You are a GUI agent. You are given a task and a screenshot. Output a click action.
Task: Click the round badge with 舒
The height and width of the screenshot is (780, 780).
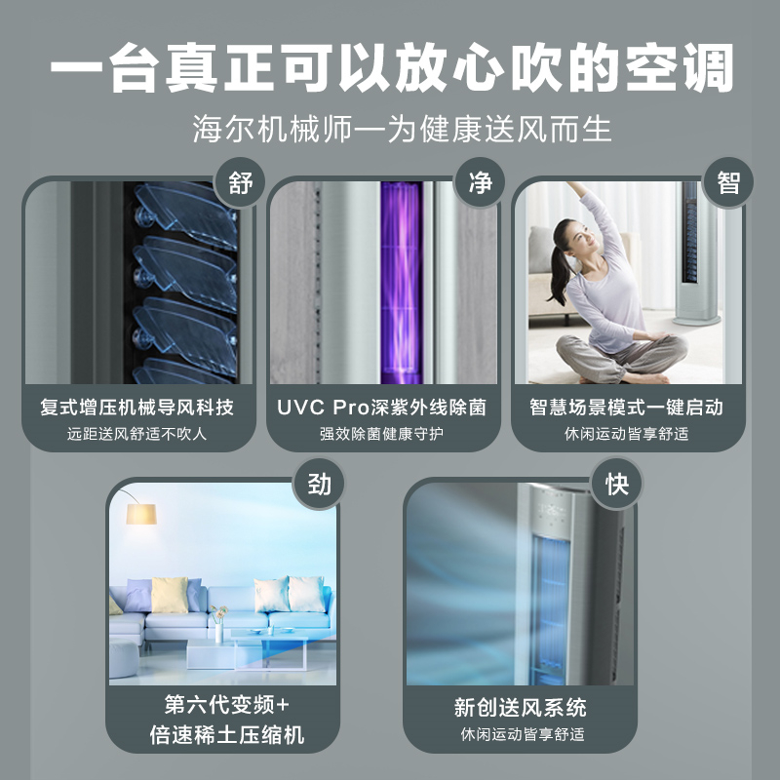(240, 182)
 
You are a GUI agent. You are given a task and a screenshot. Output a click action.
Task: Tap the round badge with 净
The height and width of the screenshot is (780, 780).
(480, 182)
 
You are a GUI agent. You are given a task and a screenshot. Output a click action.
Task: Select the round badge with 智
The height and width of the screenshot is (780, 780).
(727, 182)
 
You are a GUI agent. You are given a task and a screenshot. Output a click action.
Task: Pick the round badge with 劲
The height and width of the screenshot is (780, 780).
(319, 484)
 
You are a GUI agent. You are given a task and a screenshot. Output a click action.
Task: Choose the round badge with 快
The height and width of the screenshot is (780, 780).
(617, 484)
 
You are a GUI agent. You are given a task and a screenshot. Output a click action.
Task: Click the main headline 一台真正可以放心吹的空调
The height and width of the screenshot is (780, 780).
(392, 67)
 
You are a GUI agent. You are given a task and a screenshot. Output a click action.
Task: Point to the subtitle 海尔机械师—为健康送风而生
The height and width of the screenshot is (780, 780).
(402, 129)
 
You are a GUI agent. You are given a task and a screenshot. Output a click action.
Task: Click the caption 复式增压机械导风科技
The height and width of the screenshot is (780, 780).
(136, 408)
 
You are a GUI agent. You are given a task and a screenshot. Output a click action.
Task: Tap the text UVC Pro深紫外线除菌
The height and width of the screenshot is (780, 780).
(381, 408)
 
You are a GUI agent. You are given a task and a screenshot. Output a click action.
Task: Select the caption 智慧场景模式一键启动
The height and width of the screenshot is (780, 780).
(626, 408)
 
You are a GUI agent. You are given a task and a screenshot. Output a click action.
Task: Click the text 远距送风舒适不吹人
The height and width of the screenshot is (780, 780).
(136, 434)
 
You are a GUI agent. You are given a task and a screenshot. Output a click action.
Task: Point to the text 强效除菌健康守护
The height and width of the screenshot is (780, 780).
(381, 434)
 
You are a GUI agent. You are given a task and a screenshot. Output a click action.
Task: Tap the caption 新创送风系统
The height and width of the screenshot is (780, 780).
(520, 708)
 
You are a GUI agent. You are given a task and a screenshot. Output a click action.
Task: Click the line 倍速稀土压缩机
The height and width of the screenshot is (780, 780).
(227, 735)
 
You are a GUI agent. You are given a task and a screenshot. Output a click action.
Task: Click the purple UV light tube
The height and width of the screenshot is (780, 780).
(402, 283)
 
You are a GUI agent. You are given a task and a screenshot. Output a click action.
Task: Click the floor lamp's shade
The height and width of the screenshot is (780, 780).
(141, 514)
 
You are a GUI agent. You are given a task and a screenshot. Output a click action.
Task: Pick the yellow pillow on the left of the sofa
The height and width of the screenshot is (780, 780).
(170, 595)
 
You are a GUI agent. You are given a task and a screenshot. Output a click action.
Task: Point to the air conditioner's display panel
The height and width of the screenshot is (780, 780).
(551, 512)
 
